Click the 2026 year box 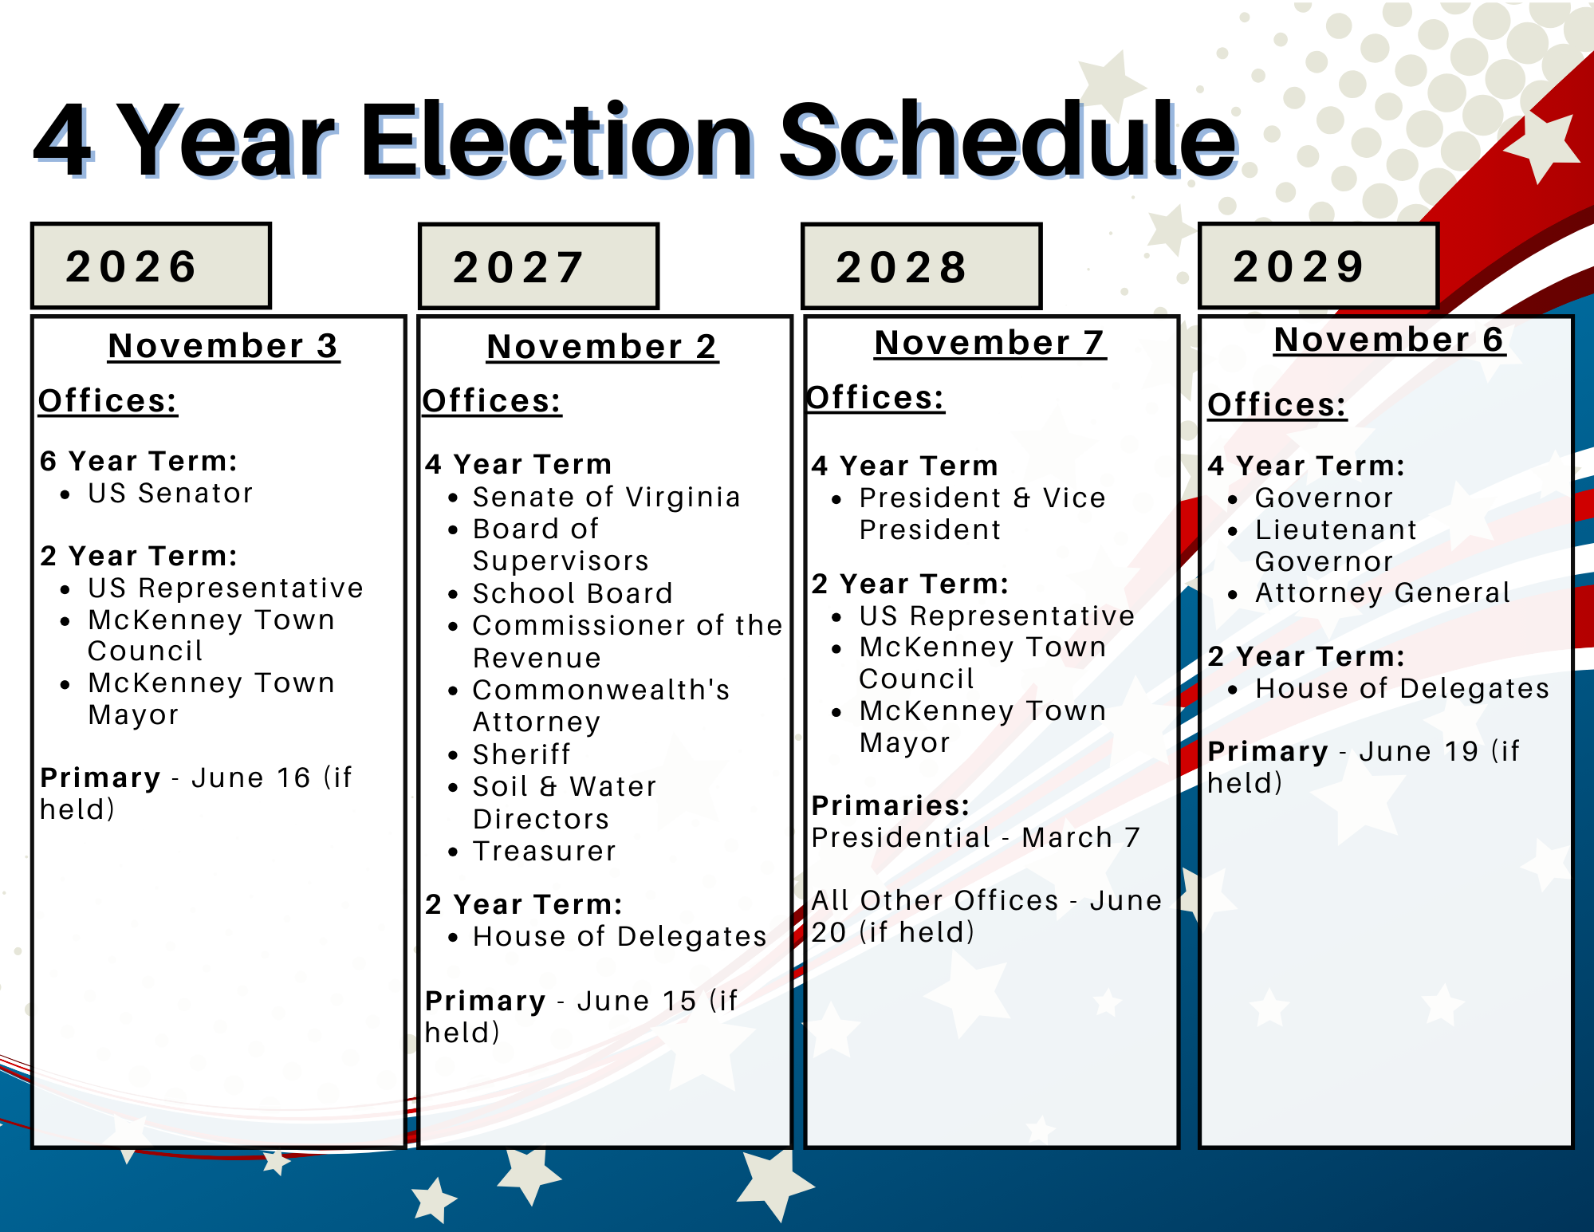151,266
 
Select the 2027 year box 538,266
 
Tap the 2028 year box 921,266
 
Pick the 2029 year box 1318,266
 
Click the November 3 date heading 223,346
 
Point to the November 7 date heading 990,343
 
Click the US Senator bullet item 170,494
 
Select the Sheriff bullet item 521,754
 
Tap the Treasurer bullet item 545,852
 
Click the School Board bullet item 573,594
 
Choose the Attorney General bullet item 1383,593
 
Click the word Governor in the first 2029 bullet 1324,498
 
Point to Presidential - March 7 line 975,838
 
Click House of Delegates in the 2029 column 1402,689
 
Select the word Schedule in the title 1007,140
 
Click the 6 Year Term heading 139,461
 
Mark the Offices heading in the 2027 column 492,401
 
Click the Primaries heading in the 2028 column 890,806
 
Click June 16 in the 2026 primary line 250,778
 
